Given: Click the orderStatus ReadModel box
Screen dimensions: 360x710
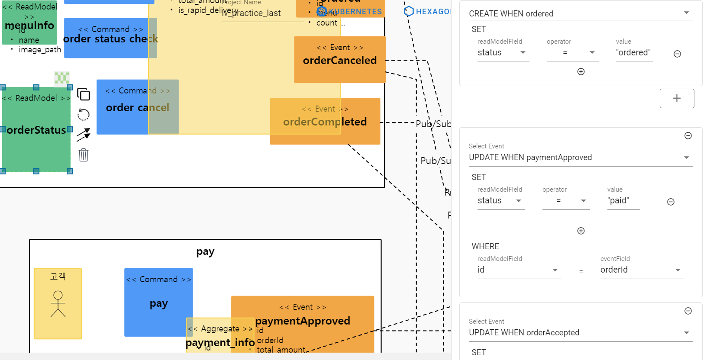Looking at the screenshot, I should point(36,130).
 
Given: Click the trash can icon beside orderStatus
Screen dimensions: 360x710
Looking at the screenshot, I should point(84,154).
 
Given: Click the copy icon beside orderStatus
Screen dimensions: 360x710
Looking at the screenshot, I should point(84,94).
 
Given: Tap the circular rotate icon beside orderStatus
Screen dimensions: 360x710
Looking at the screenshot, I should point(84,115).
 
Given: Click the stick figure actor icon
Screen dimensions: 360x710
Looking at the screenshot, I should point(58,304).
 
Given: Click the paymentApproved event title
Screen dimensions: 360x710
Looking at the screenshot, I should point(303,321).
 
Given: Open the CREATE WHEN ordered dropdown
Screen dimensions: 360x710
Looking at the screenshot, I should point(580,13).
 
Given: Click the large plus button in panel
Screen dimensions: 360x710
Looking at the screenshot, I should point(677,98).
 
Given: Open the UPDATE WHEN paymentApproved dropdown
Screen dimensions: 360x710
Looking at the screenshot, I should point(580,157).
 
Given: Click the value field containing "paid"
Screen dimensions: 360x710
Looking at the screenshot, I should point(623,201).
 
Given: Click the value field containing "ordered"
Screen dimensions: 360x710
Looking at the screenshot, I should point(633,53).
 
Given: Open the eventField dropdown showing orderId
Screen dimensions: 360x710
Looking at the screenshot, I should point(642,270).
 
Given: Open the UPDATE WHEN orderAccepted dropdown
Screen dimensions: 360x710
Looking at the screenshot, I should point(580,333).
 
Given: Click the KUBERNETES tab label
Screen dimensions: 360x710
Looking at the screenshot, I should point(355,12).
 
